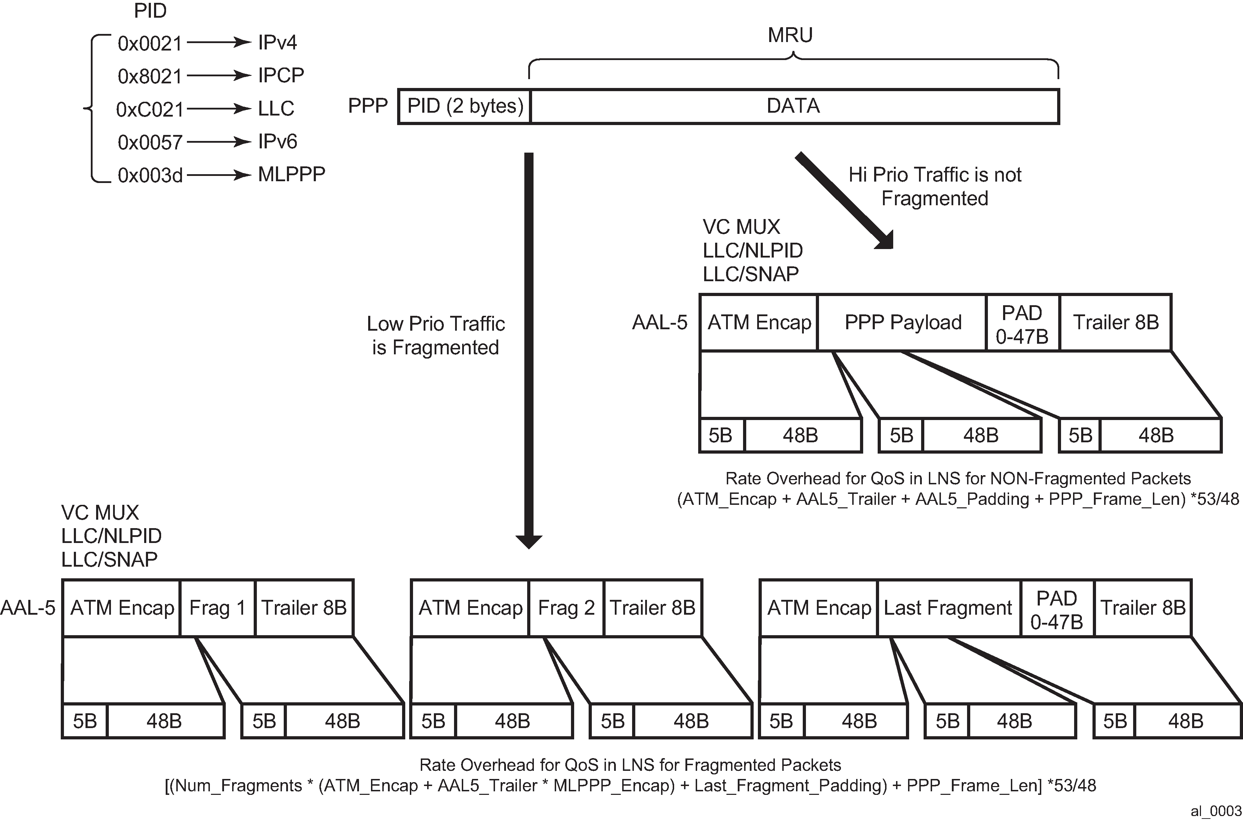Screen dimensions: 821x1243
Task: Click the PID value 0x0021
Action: [x=150, y=43]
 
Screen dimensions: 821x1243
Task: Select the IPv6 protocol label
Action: [x=277, y=141]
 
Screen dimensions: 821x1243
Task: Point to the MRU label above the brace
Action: [x=790, y=35]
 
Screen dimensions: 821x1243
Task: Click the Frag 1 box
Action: [x=217, y=608]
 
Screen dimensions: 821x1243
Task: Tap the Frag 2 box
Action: [x=566, y=608]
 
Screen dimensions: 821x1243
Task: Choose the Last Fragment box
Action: [x=948, y=608]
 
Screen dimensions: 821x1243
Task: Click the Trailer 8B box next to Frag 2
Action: [x=652, y=608]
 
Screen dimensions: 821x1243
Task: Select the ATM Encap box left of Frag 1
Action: [x=122, y=608]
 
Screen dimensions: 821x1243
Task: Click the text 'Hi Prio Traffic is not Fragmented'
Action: [x=935, y=187]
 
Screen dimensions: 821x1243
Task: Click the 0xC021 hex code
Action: [x=150, y=110]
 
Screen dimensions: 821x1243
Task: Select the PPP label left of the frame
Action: [x=367, y=106]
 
